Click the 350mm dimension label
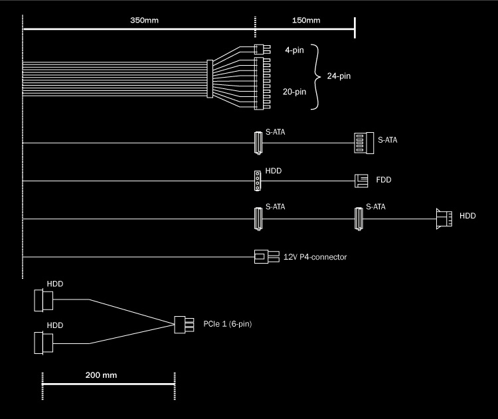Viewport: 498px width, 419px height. click(x=144, y=20)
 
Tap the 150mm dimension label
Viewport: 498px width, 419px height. click(x=305, y=20)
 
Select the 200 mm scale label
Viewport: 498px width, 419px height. click(x=101, y=375)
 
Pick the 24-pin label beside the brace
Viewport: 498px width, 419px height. click(x=339, y=76)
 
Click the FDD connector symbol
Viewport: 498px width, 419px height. click(x=361, y=180)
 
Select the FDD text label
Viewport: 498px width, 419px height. click(x=384, y=180)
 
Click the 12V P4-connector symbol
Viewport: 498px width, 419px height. click(x=262, y=256)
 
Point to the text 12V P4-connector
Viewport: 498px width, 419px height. click(x=315, y=256)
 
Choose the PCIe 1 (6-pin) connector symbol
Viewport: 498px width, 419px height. click(x=180, y=325)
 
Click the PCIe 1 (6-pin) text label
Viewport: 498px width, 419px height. click(x=228, y=324)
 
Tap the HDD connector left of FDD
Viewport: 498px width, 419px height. click(x=257, y=180)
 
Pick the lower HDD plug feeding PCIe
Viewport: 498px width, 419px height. click(x=42, y=343)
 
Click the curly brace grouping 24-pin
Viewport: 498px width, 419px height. click(x=317, y=76)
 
